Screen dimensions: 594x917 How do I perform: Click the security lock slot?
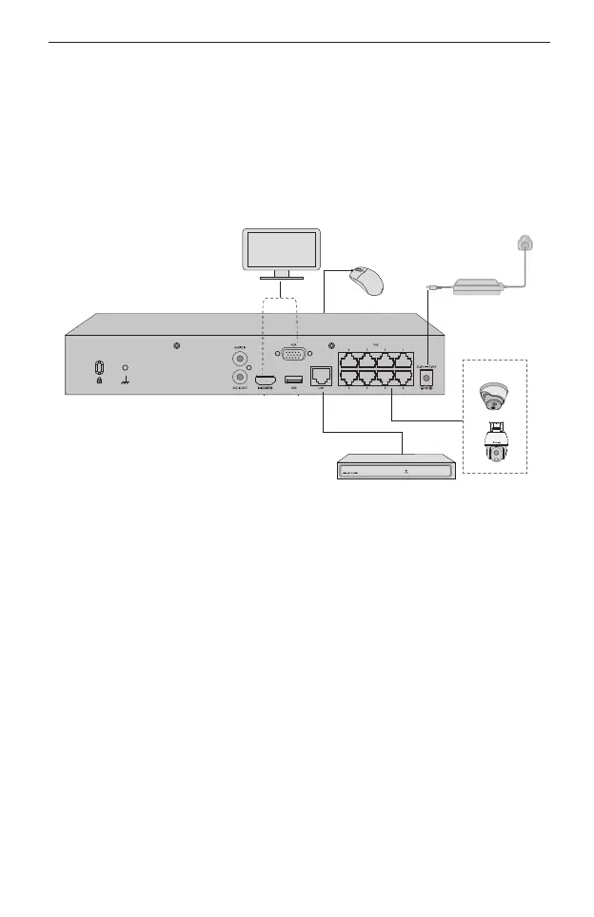tap(101, 369)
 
